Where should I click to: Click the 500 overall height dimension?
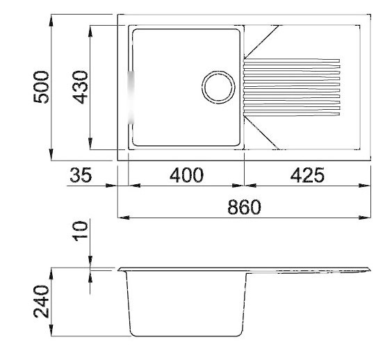[43, 87]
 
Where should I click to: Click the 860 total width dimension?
[244, 208]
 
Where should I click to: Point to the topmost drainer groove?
[292, 58]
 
